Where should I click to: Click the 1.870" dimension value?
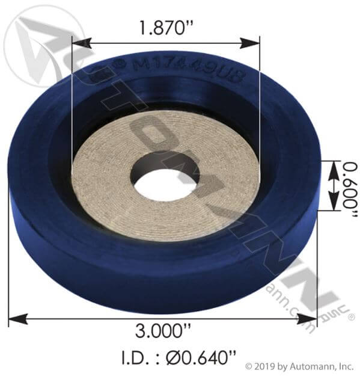click(165, 28)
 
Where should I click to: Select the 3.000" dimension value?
click(162, 332)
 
